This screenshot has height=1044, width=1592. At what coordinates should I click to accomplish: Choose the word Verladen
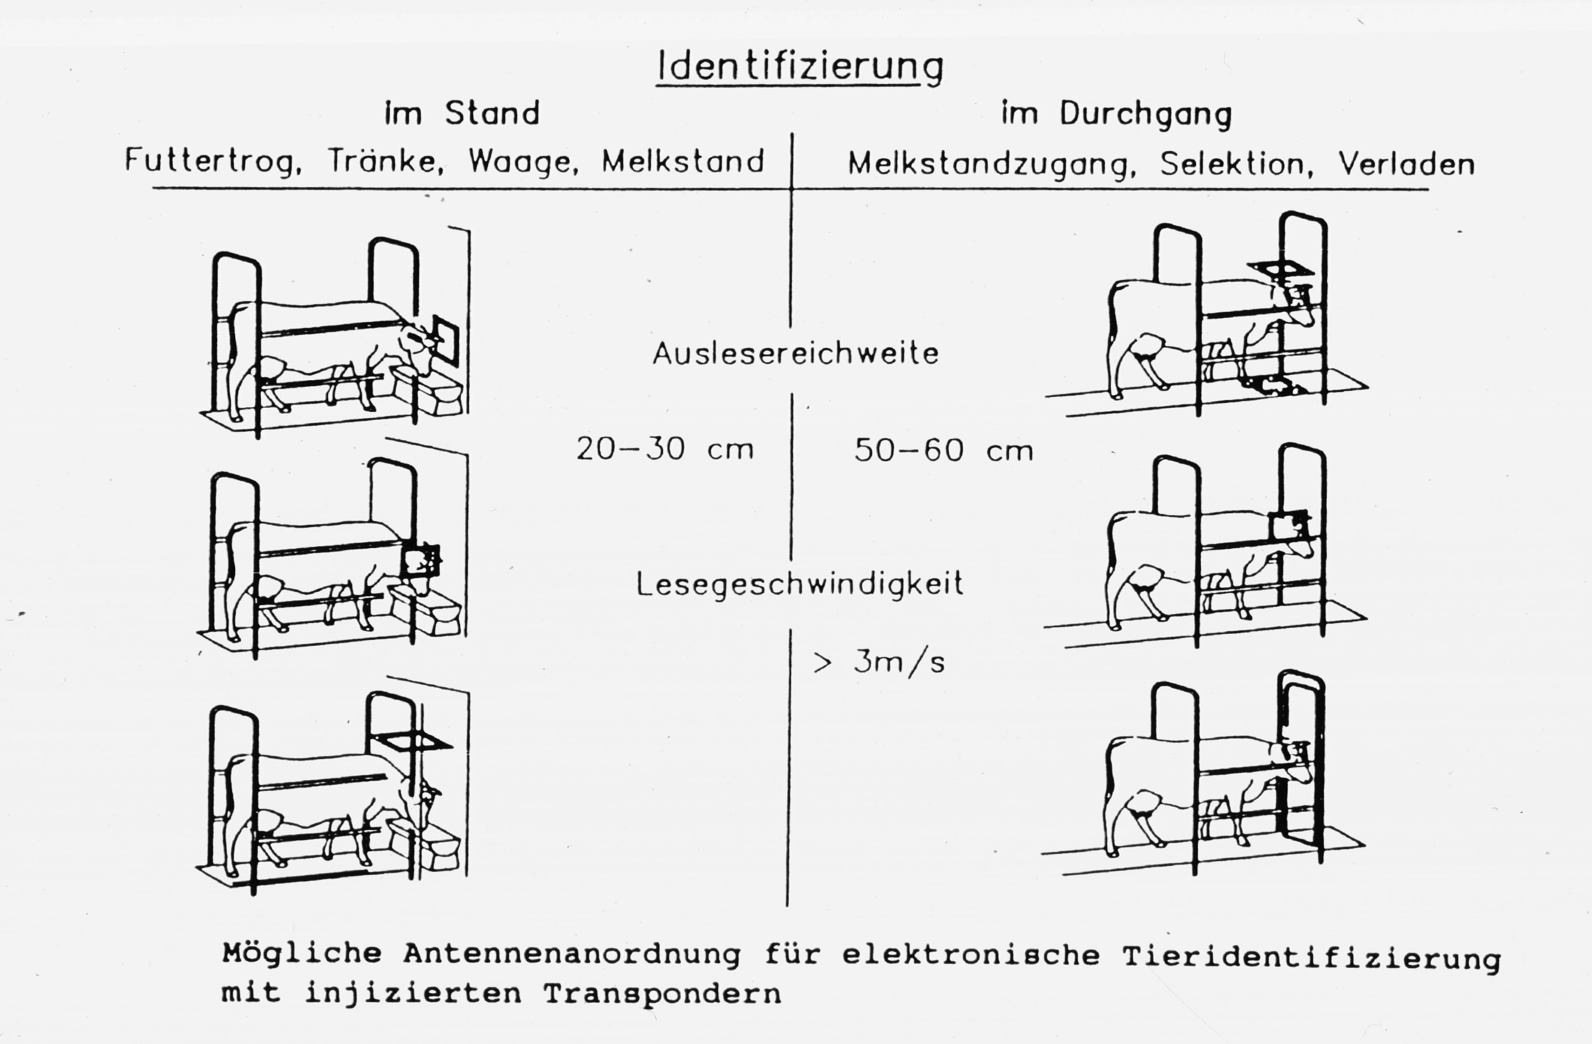pyautogui.click(x=1406, y=164)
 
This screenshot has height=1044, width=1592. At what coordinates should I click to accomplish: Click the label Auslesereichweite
pyautogui.click(x=796, y=353)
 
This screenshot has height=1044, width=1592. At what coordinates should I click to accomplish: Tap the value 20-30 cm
pyautogui.click(x=665, y=448)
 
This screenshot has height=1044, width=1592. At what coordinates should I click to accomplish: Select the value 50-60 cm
pyautogui.click(x=943, y=450)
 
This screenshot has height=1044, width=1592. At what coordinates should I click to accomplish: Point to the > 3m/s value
pyautogui.click(x=879, y=662)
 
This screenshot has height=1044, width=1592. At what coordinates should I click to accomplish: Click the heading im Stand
pyautogui.click(x=461, y=113)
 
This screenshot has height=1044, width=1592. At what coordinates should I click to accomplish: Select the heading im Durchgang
pyautogui.click(x=1116, y=115)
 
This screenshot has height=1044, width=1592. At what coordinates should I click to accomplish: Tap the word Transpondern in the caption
pyautogui.click(x=662, y=993)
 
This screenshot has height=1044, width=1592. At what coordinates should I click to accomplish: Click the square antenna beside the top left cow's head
pyautogui.click(x=445, y=341)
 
